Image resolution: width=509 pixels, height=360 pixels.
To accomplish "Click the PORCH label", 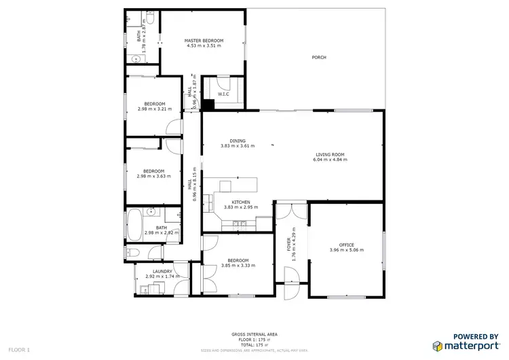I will (319, 58).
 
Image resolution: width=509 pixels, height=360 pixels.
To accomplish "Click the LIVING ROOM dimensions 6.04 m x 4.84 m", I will (330, 160).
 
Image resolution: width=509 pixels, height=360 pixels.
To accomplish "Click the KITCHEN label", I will (241, 202).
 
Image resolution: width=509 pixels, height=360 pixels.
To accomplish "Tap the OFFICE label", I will (347, 245).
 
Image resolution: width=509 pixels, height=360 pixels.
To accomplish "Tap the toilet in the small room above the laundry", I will (132, 253).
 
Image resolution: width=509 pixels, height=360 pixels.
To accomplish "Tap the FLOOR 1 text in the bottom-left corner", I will (15, 350).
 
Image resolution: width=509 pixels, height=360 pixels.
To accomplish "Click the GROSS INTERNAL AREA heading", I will (254, 334).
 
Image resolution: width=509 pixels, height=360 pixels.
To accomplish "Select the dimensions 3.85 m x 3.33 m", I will (238, 266).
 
